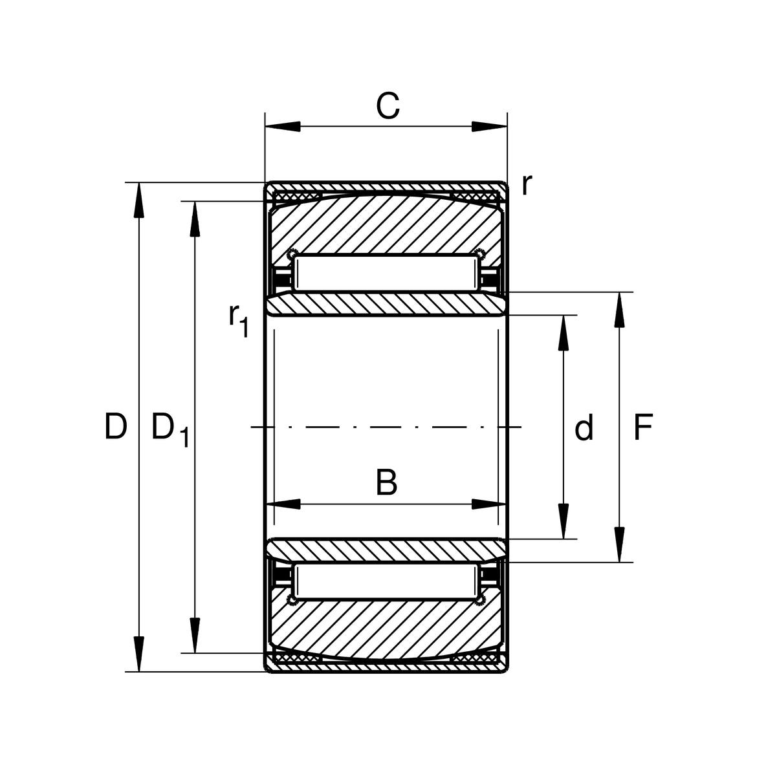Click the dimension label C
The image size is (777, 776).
388,105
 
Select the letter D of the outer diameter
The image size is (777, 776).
116,426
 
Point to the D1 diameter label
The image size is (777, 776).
170,430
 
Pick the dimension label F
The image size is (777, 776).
643,427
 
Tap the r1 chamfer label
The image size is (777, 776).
238,321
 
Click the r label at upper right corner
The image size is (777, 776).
527,185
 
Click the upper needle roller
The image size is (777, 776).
386,273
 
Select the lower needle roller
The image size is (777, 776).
386,581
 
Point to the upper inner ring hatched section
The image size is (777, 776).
386,305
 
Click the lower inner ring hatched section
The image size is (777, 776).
386,550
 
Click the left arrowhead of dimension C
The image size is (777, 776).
283,126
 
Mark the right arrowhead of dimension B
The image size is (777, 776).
488,504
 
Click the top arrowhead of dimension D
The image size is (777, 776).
138,200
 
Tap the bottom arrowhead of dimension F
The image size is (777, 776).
620,544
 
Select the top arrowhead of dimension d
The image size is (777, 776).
564,332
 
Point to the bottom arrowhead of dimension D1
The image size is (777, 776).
195,635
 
